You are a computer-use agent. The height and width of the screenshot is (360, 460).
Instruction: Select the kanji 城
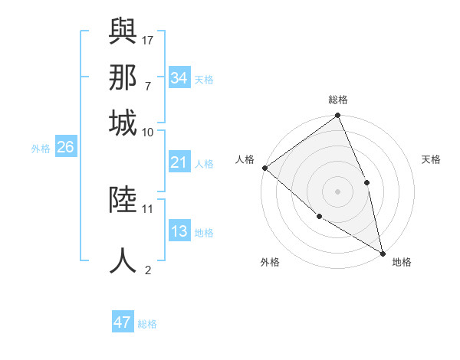pyautogui.click(x=123, y=123)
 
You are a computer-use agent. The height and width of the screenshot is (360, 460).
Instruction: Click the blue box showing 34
pyautogui.click(x=179, y=78)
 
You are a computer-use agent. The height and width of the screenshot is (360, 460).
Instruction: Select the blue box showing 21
pyautogui.click(x=179, y=162)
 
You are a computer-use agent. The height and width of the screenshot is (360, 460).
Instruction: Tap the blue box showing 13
pyautogui.click(x=179, y=232)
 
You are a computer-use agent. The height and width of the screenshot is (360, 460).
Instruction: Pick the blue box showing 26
pyautogui.click(x=65, y=148)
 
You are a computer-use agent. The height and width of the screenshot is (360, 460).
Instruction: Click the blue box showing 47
pyautogui.click(x=123, y=322)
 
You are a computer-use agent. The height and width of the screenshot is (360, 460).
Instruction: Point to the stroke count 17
pyautogui.click(x=147, y=39)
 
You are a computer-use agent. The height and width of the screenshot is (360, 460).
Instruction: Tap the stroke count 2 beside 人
pyautogui.click(x=147, y=270)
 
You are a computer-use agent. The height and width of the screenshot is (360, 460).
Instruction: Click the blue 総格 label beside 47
pyautogui.click(x=147, y=324)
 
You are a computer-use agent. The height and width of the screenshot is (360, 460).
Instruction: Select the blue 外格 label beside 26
pyautogui.click(x=41, y=149)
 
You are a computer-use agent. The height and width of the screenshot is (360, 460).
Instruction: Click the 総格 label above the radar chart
pyautogui.click(x=337, y=100)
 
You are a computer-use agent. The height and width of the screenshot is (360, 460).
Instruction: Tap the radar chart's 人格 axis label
pyautogui.click(x=245, y=159)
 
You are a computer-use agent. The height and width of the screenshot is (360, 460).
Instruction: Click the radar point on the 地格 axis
pyautogui.click(x=382, y=252)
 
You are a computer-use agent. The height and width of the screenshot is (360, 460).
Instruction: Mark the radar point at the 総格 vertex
pyautogui.click(x=337, y=116)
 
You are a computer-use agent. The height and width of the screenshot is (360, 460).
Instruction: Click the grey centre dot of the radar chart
pyautogui.click(x=337, y=191)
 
